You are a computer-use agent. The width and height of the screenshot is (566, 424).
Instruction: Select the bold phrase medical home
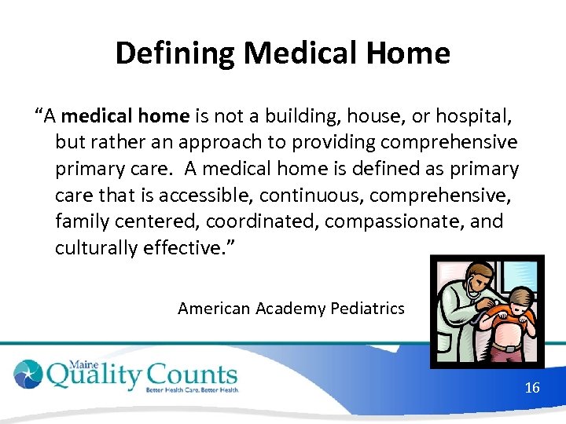(125, 116)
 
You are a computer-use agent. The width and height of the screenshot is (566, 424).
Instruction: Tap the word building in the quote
(307, 116)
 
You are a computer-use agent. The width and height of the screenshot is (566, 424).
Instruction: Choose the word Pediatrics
(367, 309)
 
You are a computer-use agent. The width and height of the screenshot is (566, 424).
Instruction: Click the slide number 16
(532, 388)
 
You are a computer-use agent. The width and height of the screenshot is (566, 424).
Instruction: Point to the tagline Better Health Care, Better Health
(192, 389)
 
